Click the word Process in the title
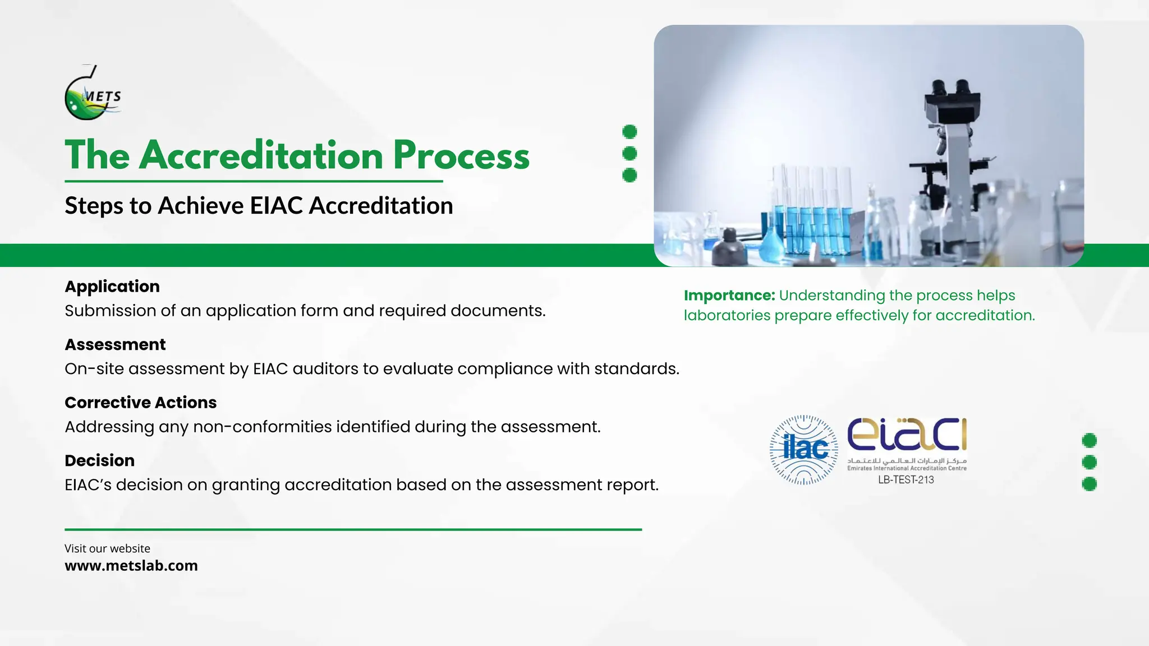tap(461, 155)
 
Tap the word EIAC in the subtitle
tap(276, 206)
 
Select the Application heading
tap(112, 287)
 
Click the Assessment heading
tap(115, 344)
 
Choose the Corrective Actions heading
tap(140, 403)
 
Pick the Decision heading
tap(99, 460)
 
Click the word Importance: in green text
tap(729, 296)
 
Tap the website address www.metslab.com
tap(131, 565)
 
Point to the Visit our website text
tap(107, 548)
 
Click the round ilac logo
tap(804, 450)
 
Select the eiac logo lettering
tap(907, 435)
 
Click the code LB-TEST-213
tap(906, 480)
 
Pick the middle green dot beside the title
tap(629, 153)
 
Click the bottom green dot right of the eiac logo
tap(1089, 484)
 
